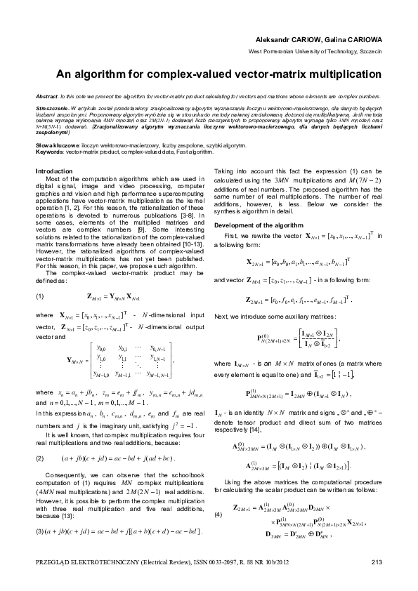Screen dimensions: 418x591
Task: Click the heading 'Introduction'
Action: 53,171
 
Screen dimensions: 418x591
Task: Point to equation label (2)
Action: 41,439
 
